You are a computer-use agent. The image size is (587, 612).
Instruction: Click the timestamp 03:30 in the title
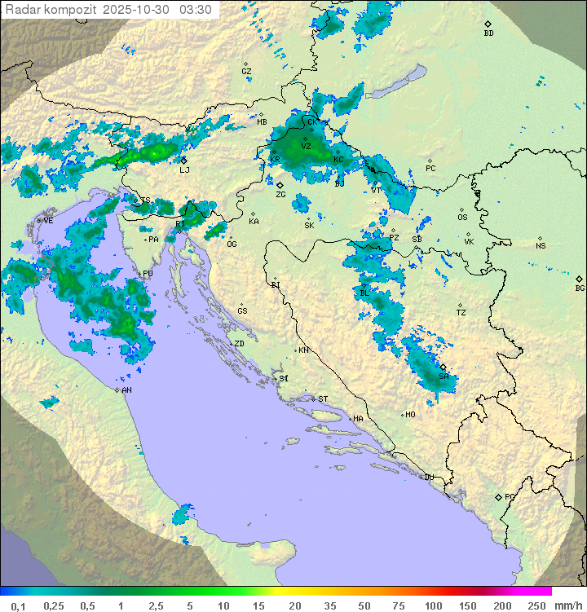pos(196,10)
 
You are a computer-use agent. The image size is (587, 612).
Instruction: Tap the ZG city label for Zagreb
pos(280,195)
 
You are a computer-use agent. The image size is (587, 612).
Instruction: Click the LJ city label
pos(184,170)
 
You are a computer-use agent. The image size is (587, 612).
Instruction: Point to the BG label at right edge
pos(580,288)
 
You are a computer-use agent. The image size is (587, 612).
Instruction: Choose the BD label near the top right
pos(488,33)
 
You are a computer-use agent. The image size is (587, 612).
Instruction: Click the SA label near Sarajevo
pos(444,376)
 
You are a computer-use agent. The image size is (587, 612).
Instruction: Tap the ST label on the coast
pos(323,398)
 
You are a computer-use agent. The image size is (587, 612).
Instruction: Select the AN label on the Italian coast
pos(127,390)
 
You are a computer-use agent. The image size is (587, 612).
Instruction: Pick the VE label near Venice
pos(48,221)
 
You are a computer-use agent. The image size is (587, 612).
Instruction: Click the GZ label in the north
pos(246,72)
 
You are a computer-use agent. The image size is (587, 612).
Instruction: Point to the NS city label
pos(541,246)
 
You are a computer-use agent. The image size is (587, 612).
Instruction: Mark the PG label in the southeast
pos(510,496)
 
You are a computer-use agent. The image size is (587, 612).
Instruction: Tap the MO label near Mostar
pos(411,414)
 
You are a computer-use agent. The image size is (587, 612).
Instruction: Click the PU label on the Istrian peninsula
pos(148,274)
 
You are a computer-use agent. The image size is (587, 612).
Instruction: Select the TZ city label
pos(461,313)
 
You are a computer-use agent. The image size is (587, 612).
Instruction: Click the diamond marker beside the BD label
pos(488,24)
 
